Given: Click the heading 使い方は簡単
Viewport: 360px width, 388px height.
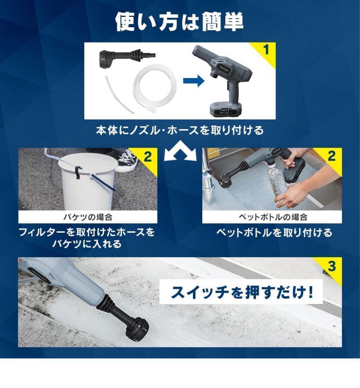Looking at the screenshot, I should [x=180, y=22].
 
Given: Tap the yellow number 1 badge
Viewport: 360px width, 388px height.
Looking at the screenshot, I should [x=266, y=50].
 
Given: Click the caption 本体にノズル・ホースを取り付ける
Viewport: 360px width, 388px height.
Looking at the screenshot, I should [x=180, y=130].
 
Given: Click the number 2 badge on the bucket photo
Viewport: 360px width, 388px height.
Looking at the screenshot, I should [x=148, y=156].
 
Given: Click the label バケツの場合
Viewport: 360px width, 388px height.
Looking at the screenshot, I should [x=88, y=217].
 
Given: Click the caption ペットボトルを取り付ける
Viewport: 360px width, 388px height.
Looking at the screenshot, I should [x=274, y=233].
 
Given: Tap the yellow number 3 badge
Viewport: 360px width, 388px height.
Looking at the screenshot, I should [x=331, y=266].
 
